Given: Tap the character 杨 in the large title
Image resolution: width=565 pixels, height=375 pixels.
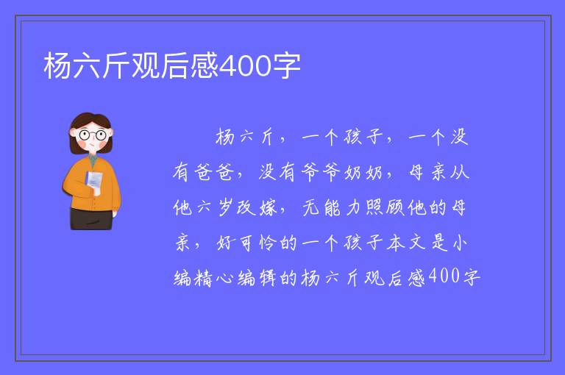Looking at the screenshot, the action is [57, 65].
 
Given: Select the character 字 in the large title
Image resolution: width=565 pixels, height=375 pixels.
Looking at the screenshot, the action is [286, 66].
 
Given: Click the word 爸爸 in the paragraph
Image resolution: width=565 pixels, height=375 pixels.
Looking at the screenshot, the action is [214, 172].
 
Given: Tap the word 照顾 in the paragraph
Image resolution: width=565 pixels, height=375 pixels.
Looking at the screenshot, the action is [385, 207].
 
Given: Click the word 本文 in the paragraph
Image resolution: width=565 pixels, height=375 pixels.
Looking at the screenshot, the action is [406, 243].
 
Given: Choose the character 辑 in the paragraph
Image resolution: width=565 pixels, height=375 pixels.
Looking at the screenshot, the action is [267, 278].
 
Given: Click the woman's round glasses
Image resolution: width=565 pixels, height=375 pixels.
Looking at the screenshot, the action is [92, 135].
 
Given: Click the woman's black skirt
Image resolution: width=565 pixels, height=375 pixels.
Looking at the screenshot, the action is [91, 218].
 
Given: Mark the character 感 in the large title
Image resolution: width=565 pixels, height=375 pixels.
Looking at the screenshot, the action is [205, 65].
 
